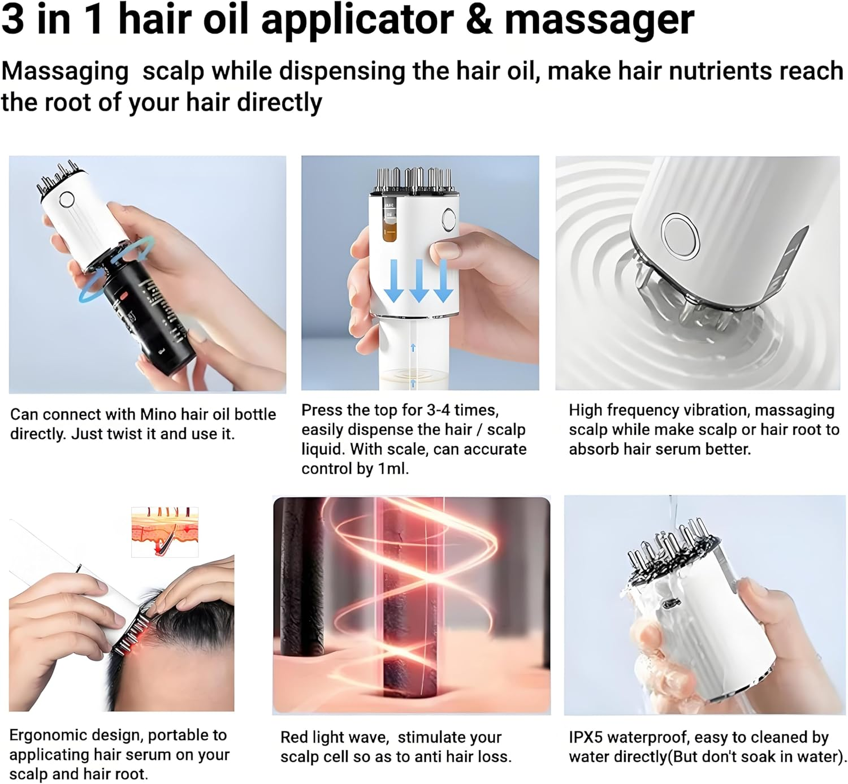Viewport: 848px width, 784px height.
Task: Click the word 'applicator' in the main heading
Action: tap(357, 20)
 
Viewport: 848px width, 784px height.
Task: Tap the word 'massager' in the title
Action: tap(599, 20)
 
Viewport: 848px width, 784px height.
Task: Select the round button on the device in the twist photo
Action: tap(67, 199)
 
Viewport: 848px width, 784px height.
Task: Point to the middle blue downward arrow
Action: tap(418, 280)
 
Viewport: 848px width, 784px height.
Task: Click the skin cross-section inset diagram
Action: tap(165, 532)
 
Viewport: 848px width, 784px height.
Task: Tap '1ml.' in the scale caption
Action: tap(393, 469)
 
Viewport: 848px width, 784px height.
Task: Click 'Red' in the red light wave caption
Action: tap(294, 737)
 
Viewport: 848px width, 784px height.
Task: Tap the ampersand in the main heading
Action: tap(479, 20)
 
